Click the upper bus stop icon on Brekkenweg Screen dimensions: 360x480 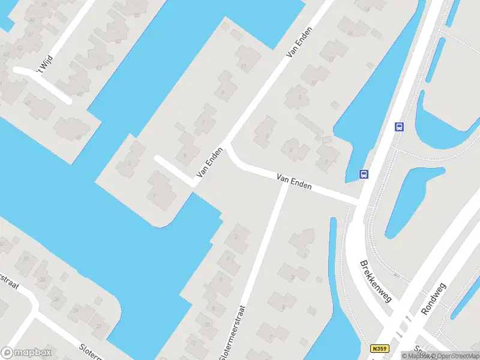(399, 127)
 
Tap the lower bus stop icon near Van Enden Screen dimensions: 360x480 (364, 174)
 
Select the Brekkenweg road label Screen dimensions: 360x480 (375, 281)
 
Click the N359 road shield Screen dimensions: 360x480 (379, 349)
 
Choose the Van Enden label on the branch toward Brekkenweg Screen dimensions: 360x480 (294, 182)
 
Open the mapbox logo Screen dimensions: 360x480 (26, 353)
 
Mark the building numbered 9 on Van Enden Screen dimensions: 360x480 (223, 92)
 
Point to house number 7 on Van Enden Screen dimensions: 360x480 (205, 122)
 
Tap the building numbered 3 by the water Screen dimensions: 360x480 (128, 163)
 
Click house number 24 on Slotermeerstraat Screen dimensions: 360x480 (76, 310)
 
